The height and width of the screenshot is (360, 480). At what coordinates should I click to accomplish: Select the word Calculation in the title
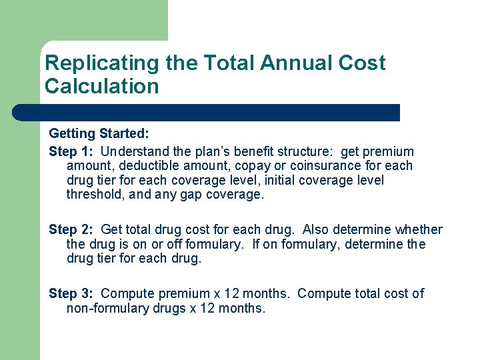102,86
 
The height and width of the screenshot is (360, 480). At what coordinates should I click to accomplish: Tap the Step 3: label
72,293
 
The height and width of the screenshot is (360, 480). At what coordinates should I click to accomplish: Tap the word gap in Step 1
184,195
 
